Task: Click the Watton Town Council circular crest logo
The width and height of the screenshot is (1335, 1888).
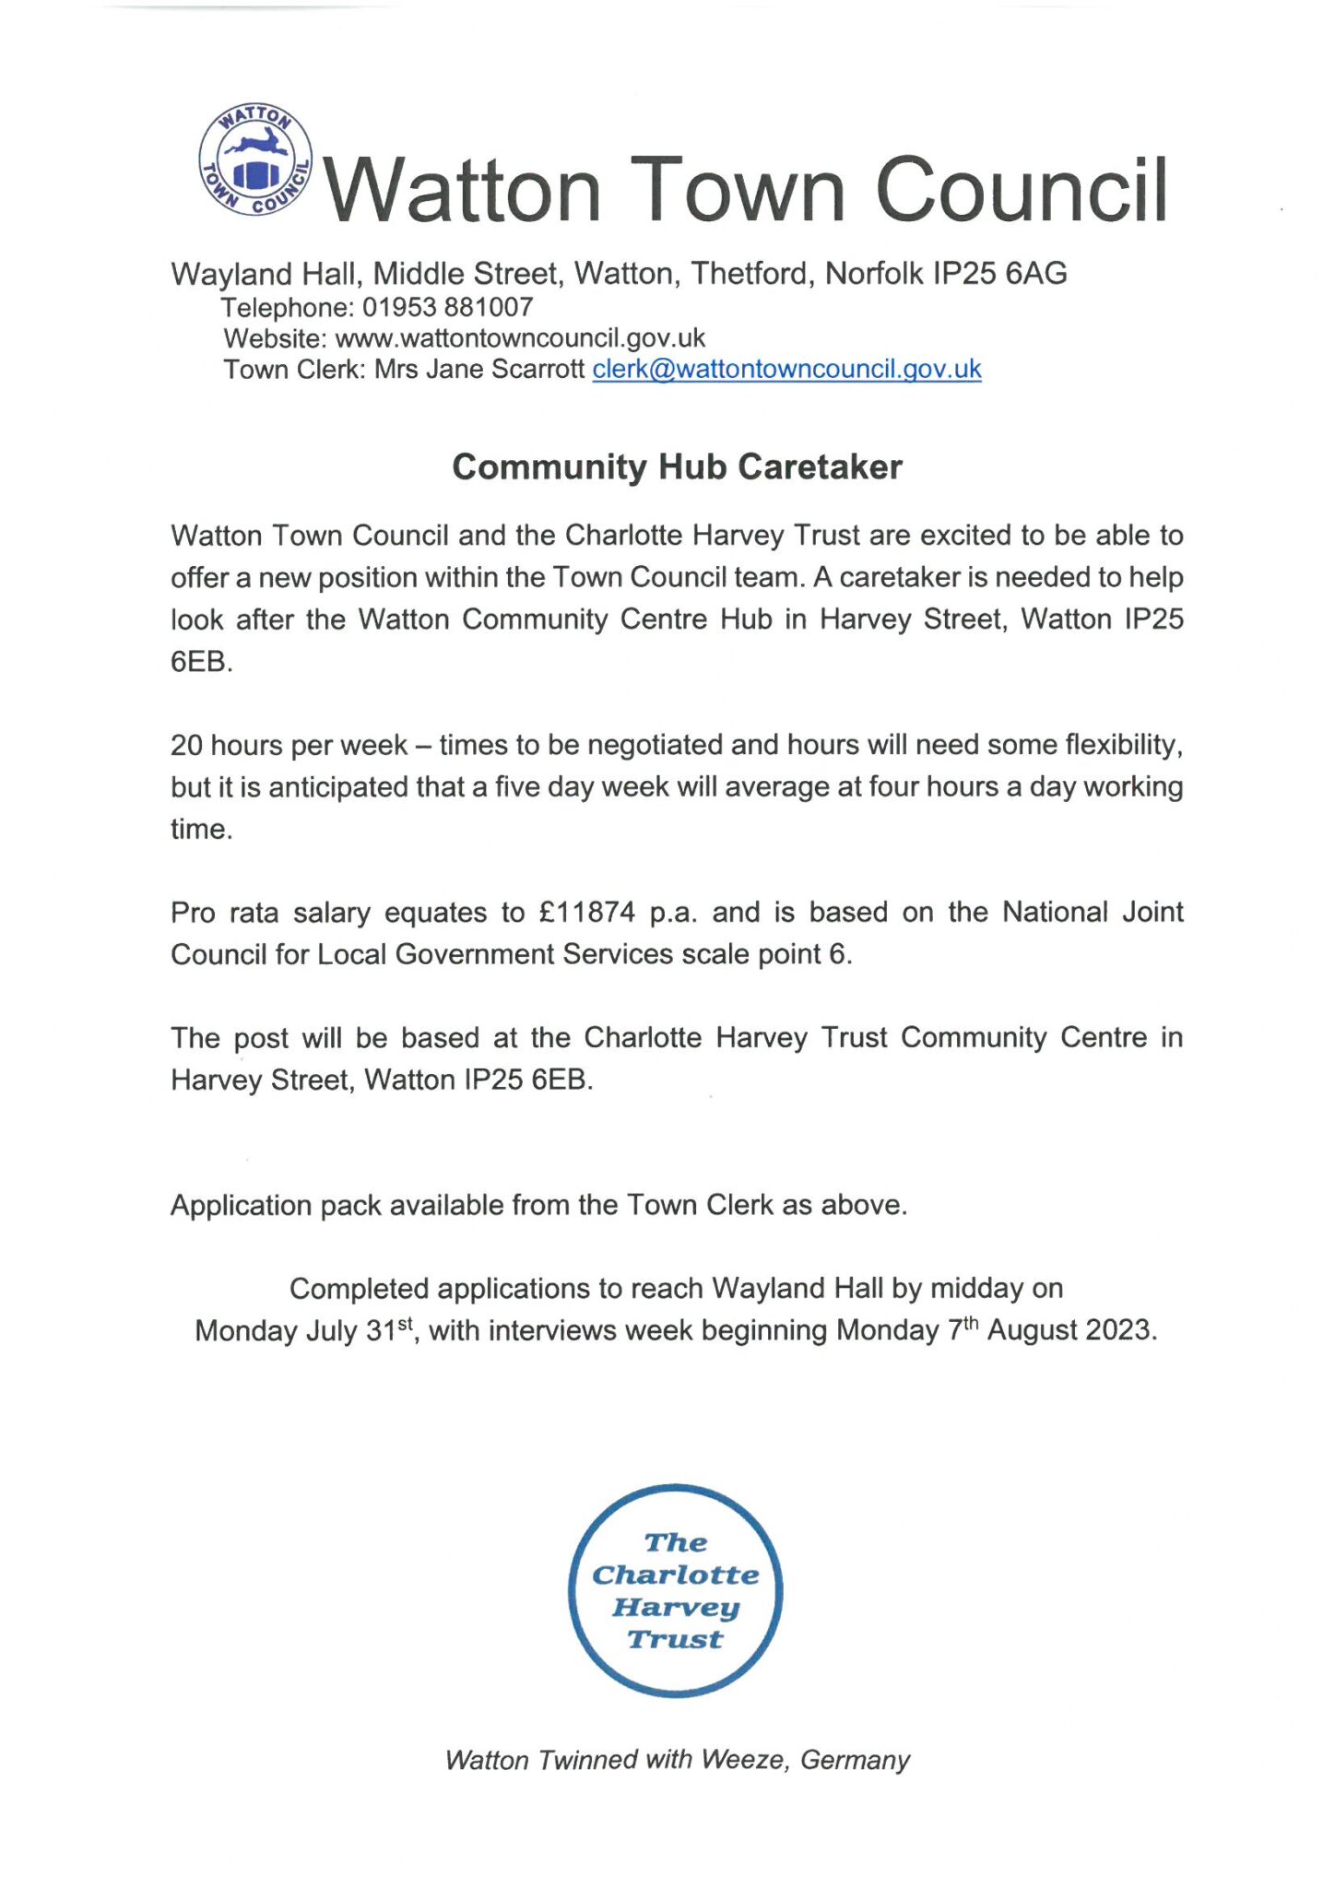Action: (255, 160)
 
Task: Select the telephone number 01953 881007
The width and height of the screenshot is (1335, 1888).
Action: (447, 307)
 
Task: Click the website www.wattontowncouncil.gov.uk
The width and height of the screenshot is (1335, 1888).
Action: (520, 337)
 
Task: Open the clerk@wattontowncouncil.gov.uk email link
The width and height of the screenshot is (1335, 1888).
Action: (786, 369)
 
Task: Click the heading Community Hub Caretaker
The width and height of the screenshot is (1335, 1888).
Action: (677, 466)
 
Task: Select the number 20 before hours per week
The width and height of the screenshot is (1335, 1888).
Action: (186, 745)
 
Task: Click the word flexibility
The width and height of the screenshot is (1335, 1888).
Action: (1122, 744)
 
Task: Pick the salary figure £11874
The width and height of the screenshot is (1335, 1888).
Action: (587, 913)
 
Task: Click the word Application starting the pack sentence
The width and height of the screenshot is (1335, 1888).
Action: (241, 1206)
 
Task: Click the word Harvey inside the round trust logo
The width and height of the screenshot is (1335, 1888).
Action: (676, 1607)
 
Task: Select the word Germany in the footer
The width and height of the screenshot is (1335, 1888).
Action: (855, 1760)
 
